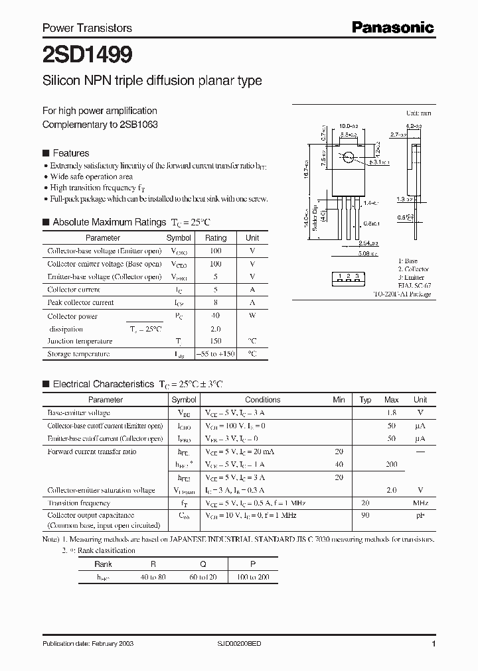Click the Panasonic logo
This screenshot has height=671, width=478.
[x=392, y=27]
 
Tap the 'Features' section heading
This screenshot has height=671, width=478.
[x=70, y=152]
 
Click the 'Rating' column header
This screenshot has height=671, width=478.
[x=216, y=237]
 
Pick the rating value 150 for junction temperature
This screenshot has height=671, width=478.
[x=216, y=341]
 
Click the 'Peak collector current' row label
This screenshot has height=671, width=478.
[x=80, y=302]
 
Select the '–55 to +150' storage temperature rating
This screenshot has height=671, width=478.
[x=216, y=354]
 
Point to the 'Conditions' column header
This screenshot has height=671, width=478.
[x=262, y=400]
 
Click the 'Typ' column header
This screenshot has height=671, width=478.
[x=365, y=400]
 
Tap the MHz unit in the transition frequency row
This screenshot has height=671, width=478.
[x=420, y=503]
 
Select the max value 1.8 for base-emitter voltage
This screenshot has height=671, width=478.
[x=391, y=412]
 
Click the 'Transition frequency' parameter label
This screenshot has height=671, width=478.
[x=78, y=503]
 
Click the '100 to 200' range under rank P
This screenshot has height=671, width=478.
[x=252, y=578]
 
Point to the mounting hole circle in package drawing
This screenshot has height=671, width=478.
[x=348, y=157]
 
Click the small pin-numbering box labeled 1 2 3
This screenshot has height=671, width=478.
[x=349, y=276]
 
